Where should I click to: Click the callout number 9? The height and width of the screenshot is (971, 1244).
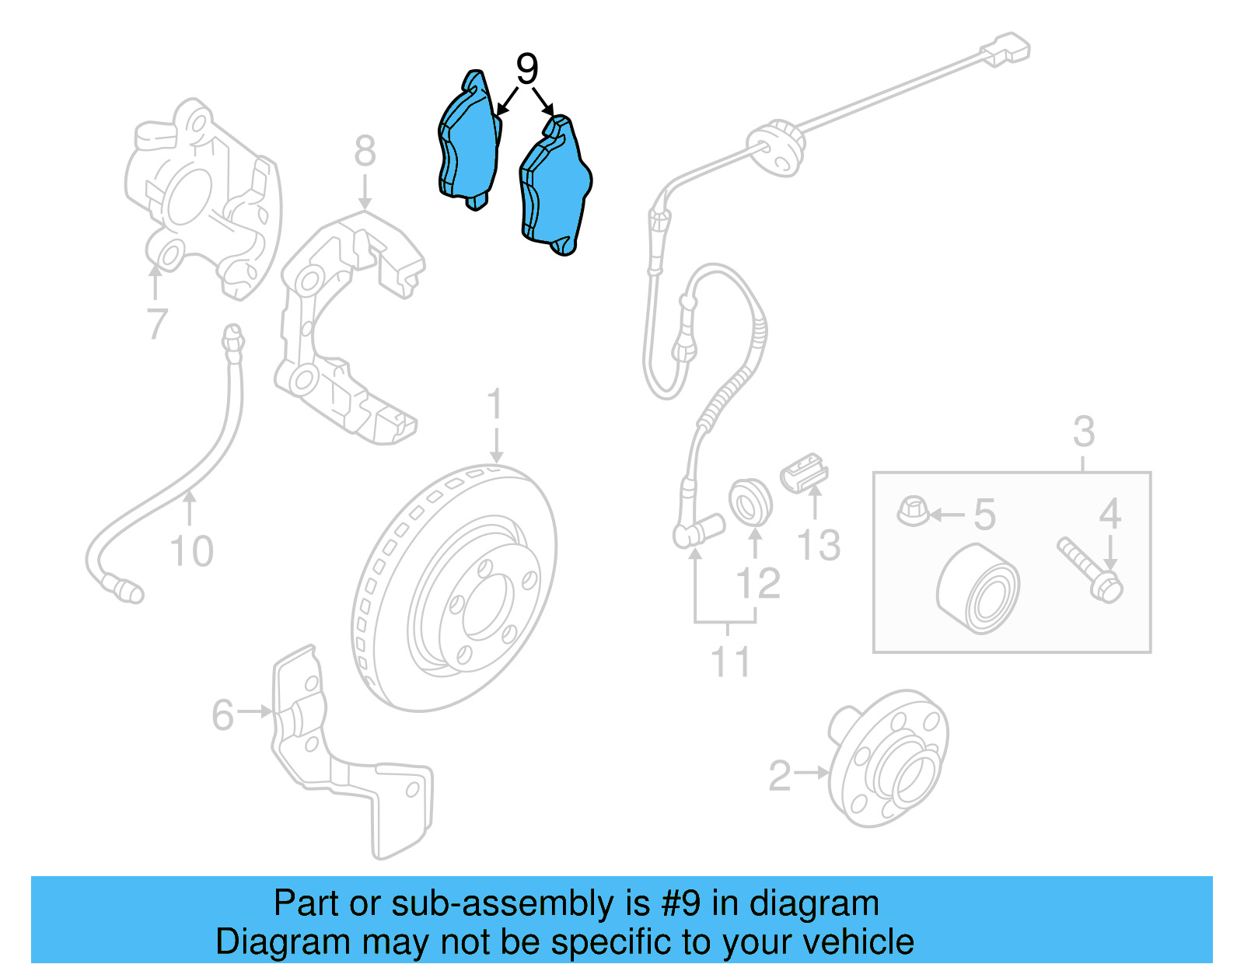point(527,70)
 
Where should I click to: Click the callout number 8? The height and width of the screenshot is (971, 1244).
point(365,152)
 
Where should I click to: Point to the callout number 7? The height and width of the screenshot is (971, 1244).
point(157,323)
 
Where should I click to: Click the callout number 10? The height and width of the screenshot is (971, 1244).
point(191,551)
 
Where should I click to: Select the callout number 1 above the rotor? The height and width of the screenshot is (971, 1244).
point(495,407)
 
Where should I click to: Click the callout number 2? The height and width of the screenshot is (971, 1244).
point(779,776)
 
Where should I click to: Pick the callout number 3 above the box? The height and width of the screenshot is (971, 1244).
point(1084,431)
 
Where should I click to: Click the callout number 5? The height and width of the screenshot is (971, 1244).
point(984,515)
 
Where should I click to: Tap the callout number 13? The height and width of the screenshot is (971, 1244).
point(819,545)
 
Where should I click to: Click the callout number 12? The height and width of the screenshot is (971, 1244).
point(758,584)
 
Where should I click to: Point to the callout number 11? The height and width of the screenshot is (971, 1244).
point(730,662)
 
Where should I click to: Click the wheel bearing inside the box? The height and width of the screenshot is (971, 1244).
point(978,589)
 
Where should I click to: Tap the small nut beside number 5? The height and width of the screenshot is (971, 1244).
point(913,512)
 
